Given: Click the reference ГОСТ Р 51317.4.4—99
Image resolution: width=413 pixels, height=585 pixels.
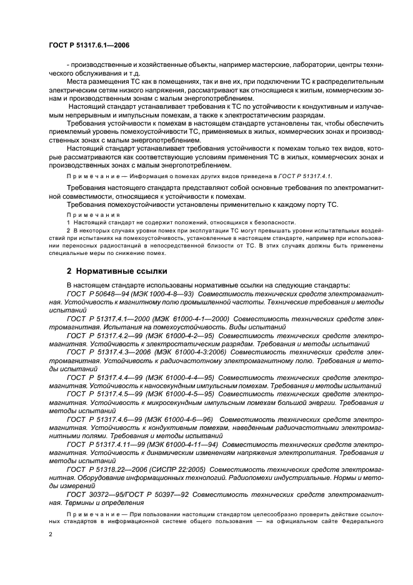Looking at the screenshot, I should [105, 377].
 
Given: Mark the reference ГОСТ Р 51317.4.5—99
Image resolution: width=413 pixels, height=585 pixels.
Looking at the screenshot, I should [105, 394].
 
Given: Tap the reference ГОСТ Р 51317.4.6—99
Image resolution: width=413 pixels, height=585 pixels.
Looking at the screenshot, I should [105, 419].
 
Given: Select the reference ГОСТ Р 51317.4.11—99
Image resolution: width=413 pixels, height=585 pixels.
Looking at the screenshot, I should [107, 444].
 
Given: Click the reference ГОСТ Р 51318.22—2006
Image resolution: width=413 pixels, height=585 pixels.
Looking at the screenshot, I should [107, 469].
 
